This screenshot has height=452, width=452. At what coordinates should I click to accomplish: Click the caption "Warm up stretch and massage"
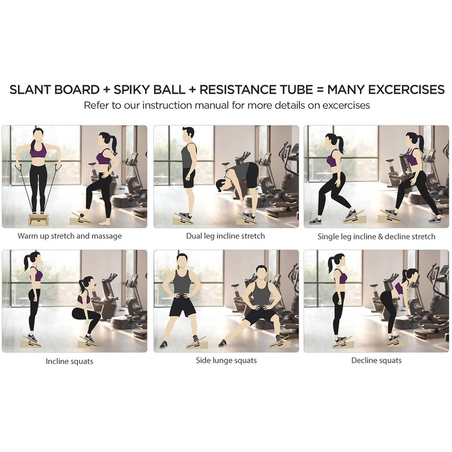(x=69, y=236)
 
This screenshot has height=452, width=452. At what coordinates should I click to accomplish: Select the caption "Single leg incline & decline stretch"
(x=376, y=236)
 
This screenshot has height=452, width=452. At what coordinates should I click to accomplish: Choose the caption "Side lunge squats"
(x=226, y=360)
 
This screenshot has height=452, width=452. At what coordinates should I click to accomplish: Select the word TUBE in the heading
(x=296, y=90)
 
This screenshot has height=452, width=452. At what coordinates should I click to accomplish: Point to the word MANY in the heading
(x=345, y=90)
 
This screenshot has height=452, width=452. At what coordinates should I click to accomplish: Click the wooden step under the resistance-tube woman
(x=38, y=219)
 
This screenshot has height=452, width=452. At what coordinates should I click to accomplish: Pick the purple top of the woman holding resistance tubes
(x=38, y=151)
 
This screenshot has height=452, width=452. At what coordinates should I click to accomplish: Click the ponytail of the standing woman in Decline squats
(x=329, y=264)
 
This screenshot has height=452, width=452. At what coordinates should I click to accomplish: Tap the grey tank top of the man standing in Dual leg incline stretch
(x=189, y=157)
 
